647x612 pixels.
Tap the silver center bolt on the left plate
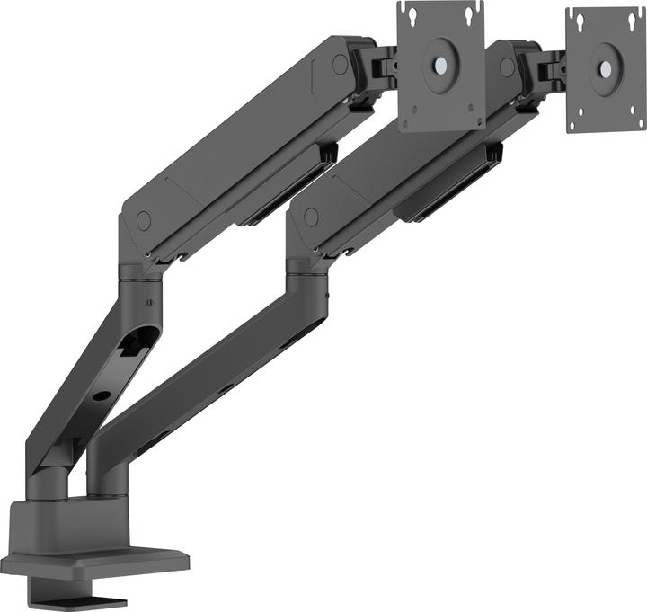[x=440, y=66]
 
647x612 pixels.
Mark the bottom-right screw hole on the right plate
[x=634, y=114]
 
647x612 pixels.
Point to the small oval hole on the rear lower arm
[x=102, y=395]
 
